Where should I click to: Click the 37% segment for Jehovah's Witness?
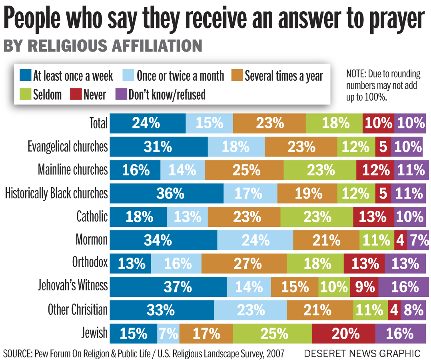click(168, 286)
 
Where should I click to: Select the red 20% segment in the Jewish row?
click(343, 333)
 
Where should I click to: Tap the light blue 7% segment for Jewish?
click(168, 333)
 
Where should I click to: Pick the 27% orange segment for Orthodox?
click(244, 263)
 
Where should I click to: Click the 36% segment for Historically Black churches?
click(166, 194)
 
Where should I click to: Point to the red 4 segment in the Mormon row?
click(401, 240)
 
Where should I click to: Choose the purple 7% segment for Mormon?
click(418, 240)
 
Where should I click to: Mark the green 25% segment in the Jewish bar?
click(272, 333)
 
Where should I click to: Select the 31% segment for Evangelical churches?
click(159, 147)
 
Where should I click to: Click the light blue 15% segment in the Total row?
click(209, 123)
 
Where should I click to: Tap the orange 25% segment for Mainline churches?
click(244, 170)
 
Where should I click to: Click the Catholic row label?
click(92, 217)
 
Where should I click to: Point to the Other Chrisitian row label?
click(78, 310)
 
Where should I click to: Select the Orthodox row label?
click(90, 263)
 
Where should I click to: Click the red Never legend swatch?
click(76, 94)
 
